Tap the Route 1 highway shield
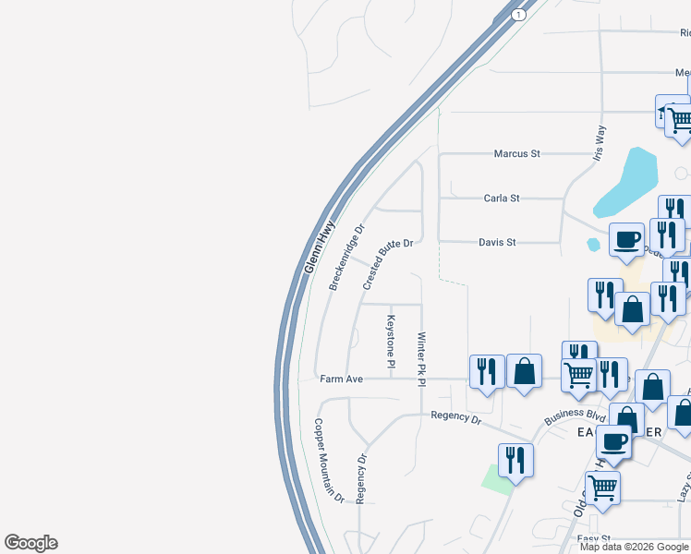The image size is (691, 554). click(519, 15)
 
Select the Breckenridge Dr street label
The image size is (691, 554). click(346, 257)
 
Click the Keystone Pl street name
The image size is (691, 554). click(391, 343)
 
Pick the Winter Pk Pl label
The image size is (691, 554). click(421, 359)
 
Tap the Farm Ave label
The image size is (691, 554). click(342, 379)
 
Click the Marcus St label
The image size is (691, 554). click(516, 153)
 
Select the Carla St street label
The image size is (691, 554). click(502, 198)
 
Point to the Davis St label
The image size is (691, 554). click(496, 242)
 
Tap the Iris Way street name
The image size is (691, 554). click(600, 144)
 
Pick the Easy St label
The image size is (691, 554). click(594, 538)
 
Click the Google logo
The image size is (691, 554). click(30, 543)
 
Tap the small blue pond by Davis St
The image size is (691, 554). click(593, 245)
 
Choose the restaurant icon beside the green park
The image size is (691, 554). click(515, 459)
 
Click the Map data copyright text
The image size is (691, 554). click(634, 547)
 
